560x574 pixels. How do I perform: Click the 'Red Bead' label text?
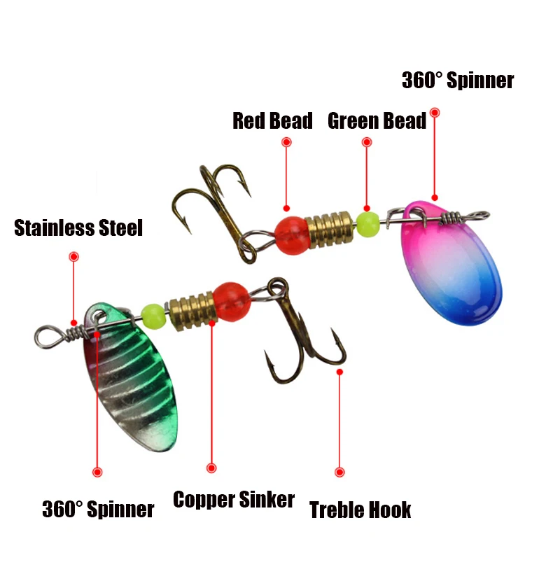click(273, 121)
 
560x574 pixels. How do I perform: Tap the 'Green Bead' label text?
click(377, 121)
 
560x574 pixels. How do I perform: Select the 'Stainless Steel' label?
click(78, 227)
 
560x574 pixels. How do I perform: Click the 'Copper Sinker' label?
click(234, 499)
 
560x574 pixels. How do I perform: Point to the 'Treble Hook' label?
click(360, 510)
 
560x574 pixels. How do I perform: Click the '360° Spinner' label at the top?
click(458, 80)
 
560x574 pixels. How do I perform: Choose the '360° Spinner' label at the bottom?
click(98, 509)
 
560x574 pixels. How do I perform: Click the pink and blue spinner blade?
click(451, 262)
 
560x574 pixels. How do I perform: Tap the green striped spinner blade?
click(130, 377)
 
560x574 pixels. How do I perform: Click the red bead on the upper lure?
click(293, 235)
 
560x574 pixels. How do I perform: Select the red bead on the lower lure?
click(232, 302)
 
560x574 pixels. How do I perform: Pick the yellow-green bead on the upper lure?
click(367, 225)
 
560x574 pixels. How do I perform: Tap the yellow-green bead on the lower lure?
click(154, 316)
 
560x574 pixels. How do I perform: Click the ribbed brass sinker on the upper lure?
click(330, 230)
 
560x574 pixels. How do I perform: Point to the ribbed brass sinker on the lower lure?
click(192, 311)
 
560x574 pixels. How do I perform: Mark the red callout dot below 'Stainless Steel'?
click(74, 257)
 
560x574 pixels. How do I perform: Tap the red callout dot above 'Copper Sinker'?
click(211, 468)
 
